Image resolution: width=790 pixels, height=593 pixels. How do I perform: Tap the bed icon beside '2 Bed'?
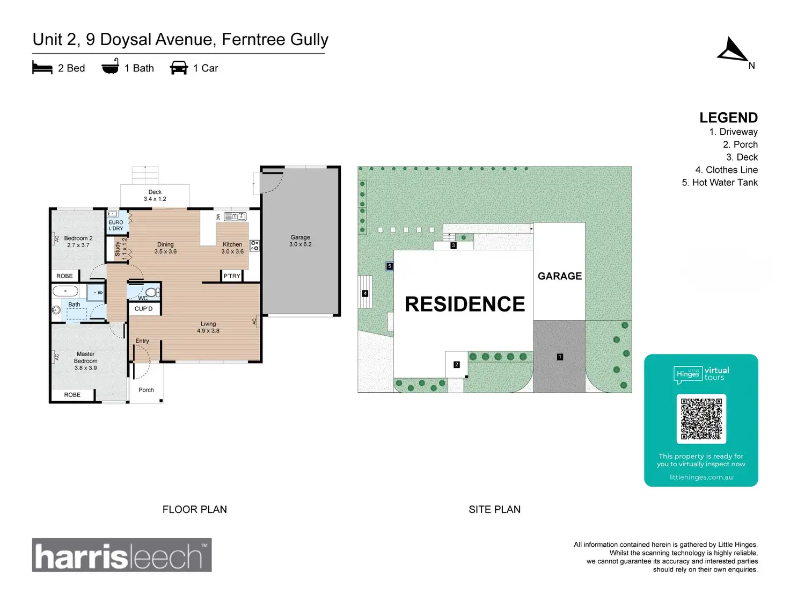click(x=42, y=68)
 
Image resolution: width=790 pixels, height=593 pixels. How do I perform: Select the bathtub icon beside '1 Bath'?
click(x=110, y=67)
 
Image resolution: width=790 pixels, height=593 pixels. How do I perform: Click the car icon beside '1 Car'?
click(x=179, y=68)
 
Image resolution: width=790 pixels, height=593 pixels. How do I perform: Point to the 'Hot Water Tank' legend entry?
click(x=719, y=183)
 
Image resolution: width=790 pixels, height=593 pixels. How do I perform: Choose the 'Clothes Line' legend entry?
click(x=726, y=170)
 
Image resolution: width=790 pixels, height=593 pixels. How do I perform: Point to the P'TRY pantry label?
click(x=232, y=276)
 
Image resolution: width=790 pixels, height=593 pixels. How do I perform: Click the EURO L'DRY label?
click(x=116, y=226)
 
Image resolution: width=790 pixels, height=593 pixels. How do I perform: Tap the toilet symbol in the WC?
click(x=152, y=292)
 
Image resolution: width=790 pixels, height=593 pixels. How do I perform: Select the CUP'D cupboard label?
click(x=143, y=309)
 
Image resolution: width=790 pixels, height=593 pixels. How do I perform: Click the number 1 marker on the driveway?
click(x=560, y=357)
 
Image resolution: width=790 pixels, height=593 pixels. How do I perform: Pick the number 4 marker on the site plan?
click(x=365, y=293)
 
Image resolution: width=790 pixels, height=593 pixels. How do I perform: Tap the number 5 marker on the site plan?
click(x=390, y=266)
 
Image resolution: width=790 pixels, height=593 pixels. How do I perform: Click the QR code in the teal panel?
click(x=701, y=419)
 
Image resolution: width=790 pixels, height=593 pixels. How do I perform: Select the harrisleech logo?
click(x=122, y=555)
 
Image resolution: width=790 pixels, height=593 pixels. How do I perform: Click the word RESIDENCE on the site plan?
click(x=465, y=304)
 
